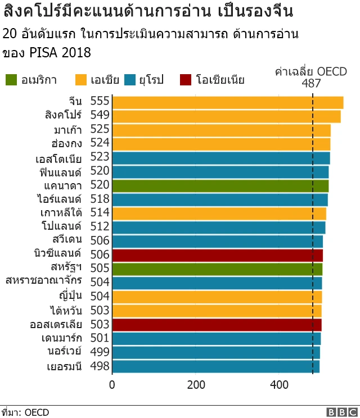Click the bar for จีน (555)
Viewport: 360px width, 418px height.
click(x=228, y=102)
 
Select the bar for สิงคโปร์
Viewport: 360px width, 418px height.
click(x=227, y=116)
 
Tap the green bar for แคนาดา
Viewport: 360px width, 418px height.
click(x=220, y=185)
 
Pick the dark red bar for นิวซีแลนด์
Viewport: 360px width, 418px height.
click(x=218, y=255)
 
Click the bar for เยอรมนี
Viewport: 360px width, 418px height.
click(x=216, y=366)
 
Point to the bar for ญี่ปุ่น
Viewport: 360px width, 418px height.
click(x=217, y=297)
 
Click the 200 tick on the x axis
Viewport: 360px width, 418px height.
click(x=196, y=385)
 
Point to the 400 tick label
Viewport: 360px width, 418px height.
click(x=279, y=385)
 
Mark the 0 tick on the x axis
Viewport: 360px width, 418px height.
click(x=112, y=385)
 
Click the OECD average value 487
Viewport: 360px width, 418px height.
click(x=311, y=84)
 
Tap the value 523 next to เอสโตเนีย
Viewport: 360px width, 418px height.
click(x=100, y=157)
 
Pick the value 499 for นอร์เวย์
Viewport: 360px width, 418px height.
click(x=100, y=352)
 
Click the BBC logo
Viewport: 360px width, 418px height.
click(x=340, y=412)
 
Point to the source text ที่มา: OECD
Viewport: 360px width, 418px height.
click(x=25, y=412)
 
